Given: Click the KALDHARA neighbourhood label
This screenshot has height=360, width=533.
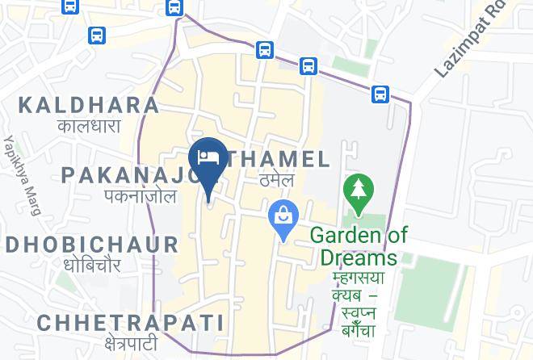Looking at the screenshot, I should [x=89, y=105].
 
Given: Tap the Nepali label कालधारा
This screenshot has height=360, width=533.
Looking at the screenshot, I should [x=89, y=126].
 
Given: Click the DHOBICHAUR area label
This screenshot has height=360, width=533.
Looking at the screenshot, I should [x=91, y=245].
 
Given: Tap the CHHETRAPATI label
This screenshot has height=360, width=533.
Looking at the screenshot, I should [x=129, y=323].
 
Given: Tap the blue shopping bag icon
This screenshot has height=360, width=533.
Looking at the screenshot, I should [x=283, y=216].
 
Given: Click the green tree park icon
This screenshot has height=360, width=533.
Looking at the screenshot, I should [x=357, y=191].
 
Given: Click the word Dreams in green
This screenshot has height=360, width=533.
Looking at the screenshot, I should [x=359, y=257].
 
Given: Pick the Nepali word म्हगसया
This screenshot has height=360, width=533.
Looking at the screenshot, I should [x=359, y=278].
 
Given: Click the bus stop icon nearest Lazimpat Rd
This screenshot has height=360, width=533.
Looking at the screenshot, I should [x=380, y=94].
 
